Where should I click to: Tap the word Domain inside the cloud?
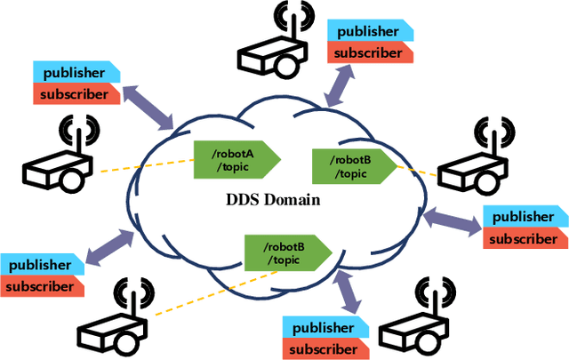(293, 200)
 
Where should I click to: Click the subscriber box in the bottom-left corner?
(42, 286)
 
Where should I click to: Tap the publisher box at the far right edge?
(524, 217)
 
